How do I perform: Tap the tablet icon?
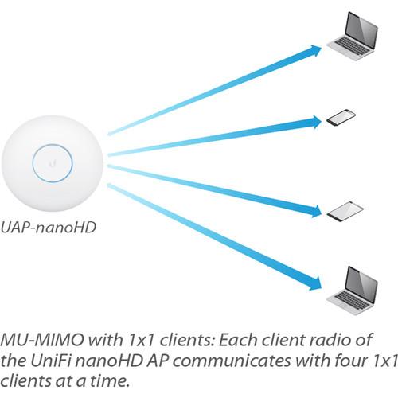click(x=346, y=211)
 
